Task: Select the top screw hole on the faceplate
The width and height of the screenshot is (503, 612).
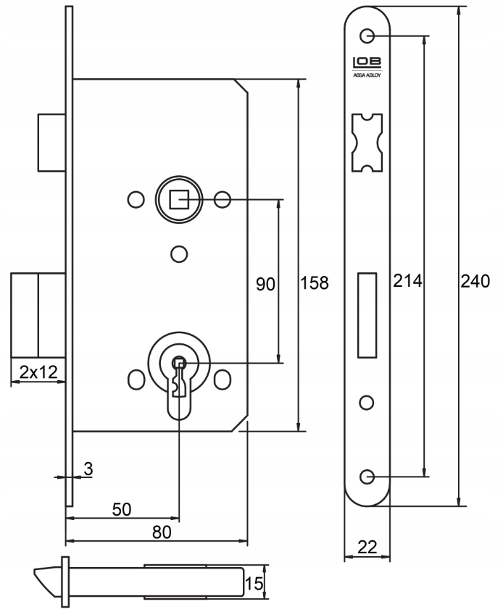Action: click(367, 35)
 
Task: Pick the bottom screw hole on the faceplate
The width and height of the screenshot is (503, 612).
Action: click(367, 476)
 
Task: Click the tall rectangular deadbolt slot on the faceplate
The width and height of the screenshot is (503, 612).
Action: click(367, 315)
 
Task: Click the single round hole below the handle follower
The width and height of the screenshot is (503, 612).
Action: click(178, 253)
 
